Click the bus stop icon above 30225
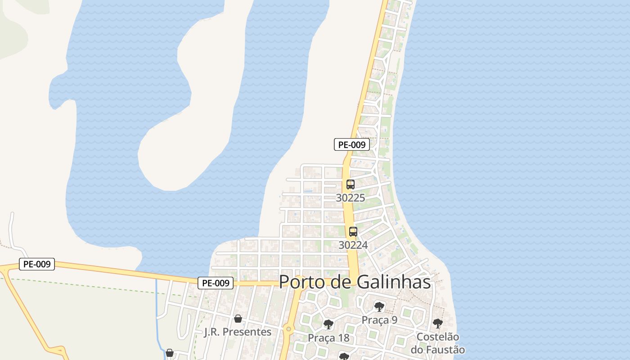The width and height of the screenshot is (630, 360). pyautogui.click(x=351, y=184)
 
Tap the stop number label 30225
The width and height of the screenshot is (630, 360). pyautogui.click(x=351, y=198)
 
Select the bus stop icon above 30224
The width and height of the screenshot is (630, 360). pyautogui.click(x=353, y=232)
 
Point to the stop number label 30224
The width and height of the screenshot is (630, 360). pyautogui.click(x=353, y=245)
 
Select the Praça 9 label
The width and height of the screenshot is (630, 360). pyautogui.click(x=379, y=320)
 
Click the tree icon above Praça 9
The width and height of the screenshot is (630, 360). pyautogui.click(x=379, y=307)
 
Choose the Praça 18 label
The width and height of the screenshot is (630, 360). pyautogui.click(x=328, y=337)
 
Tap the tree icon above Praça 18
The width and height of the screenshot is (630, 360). pyautogui.click(x=328, y=324)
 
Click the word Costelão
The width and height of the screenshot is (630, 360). pyautogui.click(x=438, y=337)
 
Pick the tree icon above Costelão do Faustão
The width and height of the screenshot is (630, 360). pyautogui.click(x=437, y=323)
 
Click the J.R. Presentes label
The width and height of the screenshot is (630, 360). pyautogui.click(x=238, y=332)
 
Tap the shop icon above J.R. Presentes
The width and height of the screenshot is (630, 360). pyautogui.click(x=238, y=319)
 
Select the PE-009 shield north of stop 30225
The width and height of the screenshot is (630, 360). pyautogui.click(x=352, y=144)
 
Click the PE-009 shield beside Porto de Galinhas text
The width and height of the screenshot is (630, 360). pyautogui.click(x=216, y=283)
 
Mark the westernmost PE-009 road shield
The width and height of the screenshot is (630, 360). pyautogui.click(x=37, y=264)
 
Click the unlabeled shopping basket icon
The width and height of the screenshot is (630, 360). pyautogui.click(x=170, y=353)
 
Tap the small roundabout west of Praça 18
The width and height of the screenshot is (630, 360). pyautogui.click(x=288, y=330)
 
